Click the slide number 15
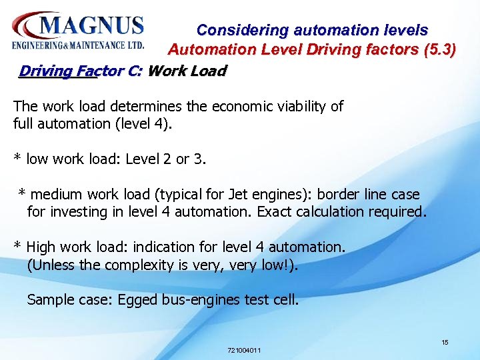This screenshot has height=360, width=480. [x=445, y=342]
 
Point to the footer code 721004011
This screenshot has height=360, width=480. [x=244, y=350]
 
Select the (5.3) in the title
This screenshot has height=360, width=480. [x=439, y=49]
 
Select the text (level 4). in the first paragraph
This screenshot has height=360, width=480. [x=146, y=123]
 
